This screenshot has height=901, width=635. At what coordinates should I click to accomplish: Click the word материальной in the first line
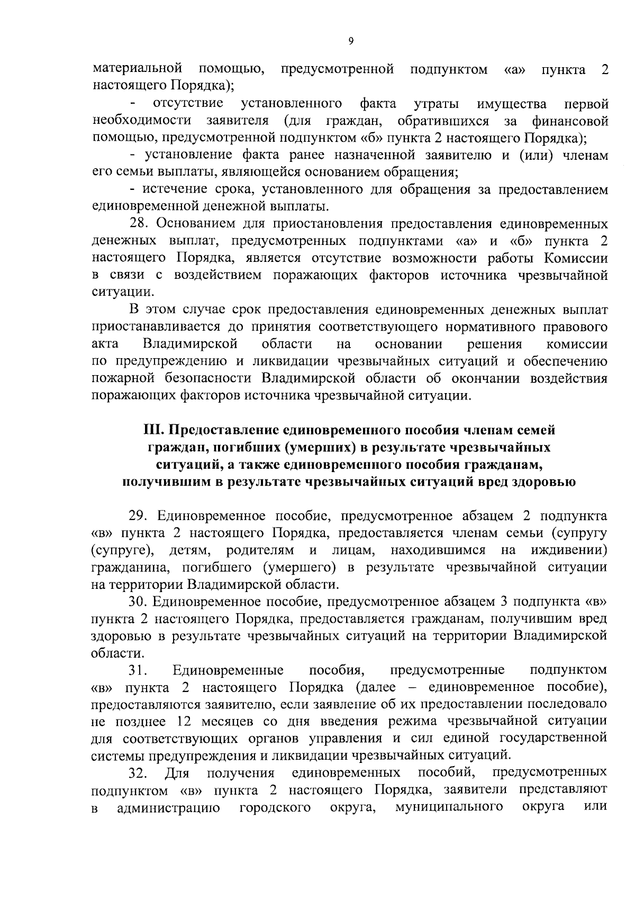coord(138,69)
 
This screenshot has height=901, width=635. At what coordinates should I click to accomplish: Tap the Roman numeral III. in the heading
coord(155,430)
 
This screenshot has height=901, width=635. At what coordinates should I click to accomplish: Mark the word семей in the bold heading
coord(536,430)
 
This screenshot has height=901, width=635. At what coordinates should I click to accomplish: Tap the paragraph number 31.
coord(138,670)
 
